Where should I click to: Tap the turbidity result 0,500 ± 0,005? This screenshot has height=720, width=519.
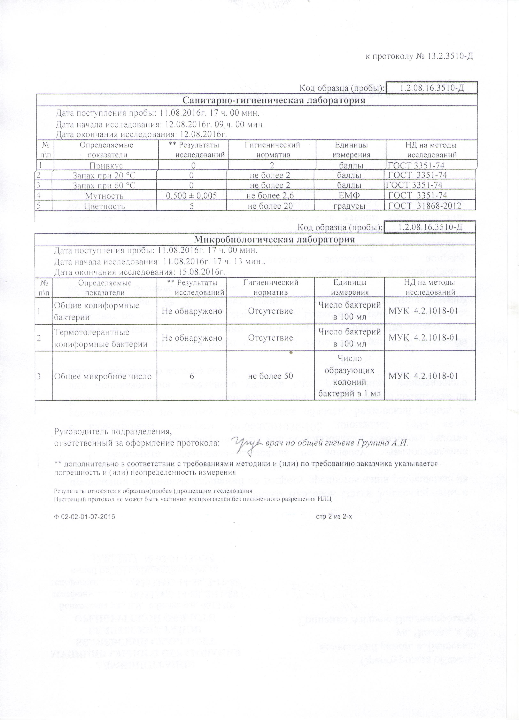click(x=191, y=196)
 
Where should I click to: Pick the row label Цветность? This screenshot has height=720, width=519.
click(x=104, y=206)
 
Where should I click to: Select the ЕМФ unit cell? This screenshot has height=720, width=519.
click(x=349, y=196)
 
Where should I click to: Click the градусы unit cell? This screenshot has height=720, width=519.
click(x=349, y=206)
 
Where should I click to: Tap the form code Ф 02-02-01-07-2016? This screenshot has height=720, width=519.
click(x=84, y=517)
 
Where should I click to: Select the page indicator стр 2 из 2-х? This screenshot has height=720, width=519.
click(x=334, y=517)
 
